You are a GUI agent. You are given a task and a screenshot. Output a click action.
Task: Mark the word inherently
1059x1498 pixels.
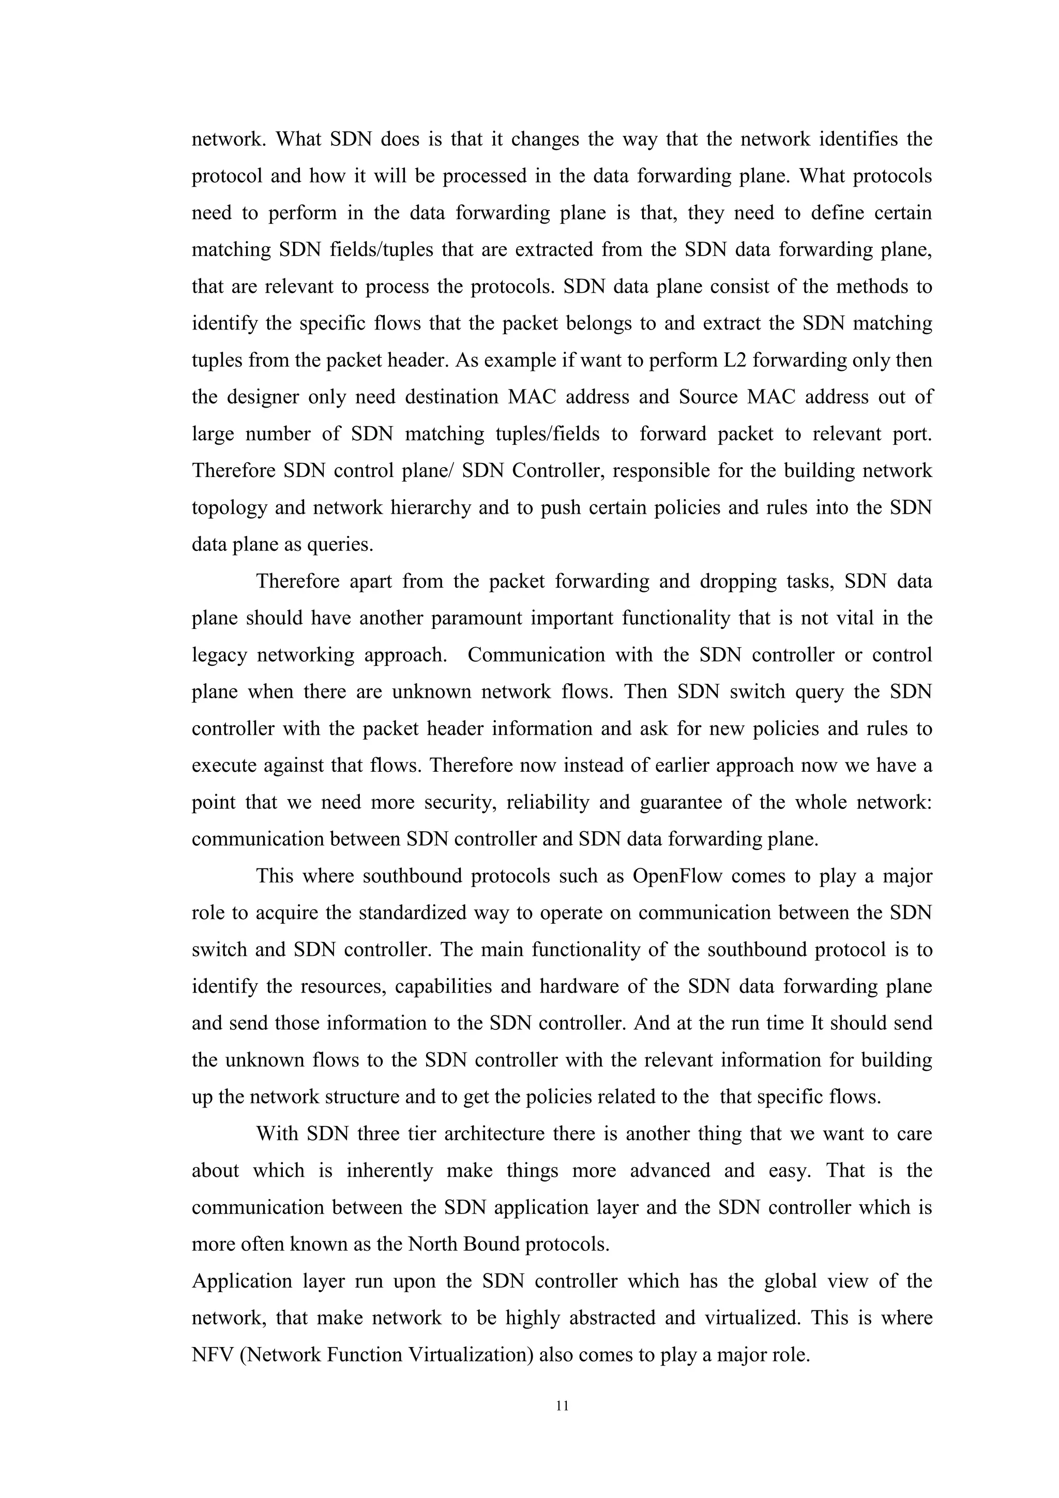point(389,1171)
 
